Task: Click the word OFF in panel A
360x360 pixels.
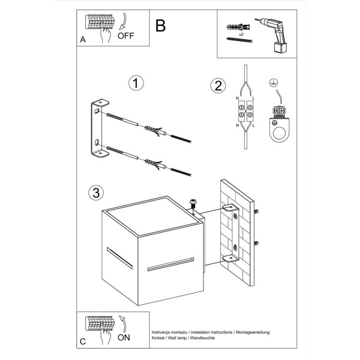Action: (x=126, y=36)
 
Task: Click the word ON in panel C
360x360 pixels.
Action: (x=124, y=337)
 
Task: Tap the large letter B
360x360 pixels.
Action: (x=161, y=25)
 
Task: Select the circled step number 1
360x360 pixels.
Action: (x=136, y=83)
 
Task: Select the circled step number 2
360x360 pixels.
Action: (x=217, y=85)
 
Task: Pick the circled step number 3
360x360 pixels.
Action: (x=96, y=193)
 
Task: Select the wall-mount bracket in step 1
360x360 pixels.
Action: (x=99, y=129)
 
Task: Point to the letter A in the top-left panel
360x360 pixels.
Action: (x=83, y=40)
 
